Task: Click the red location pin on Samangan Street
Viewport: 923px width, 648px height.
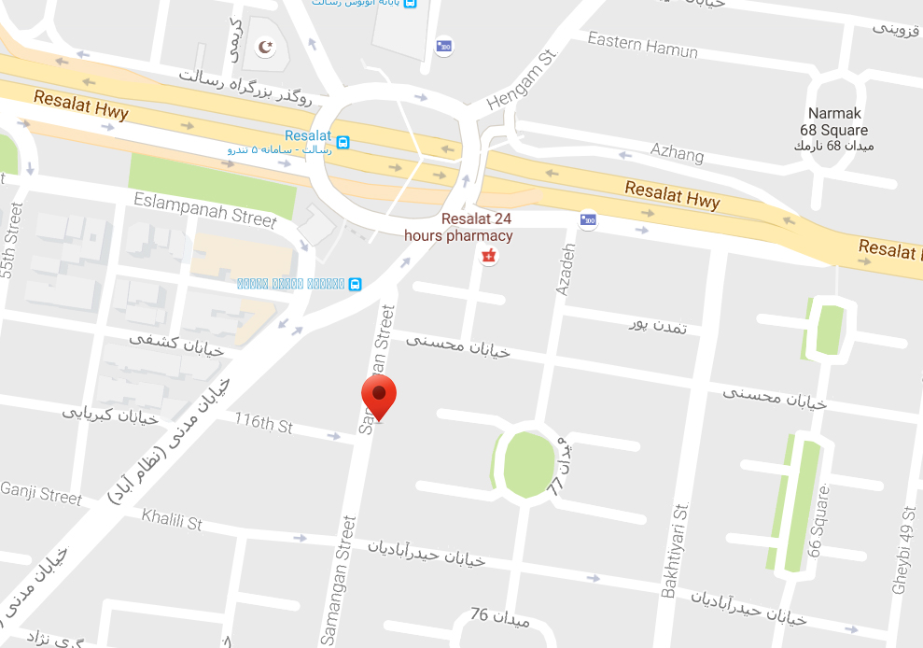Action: [x=379, y=396]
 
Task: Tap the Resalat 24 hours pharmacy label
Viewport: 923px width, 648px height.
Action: [x=457, y=227]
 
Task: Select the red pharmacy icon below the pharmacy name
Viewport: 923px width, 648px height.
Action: [x=485, y=255]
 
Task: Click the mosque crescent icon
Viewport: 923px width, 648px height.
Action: [x=267, y=47]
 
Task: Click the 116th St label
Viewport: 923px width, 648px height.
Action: [x=263, y=425]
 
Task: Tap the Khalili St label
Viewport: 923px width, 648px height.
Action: [x=172, y=519]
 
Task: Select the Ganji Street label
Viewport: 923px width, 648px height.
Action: [x=41, y=491]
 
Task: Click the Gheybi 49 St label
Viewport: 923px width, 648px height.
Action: [x=902, y=551]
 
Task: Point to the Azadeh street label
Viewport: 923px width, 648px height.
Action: [x=565, y=270]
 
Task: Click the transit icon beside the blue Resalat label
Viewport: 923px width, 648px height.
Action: [x=343, y=143]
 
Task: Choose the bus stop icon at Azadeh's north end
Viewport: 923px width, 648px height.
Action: [x=587, y=221]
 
